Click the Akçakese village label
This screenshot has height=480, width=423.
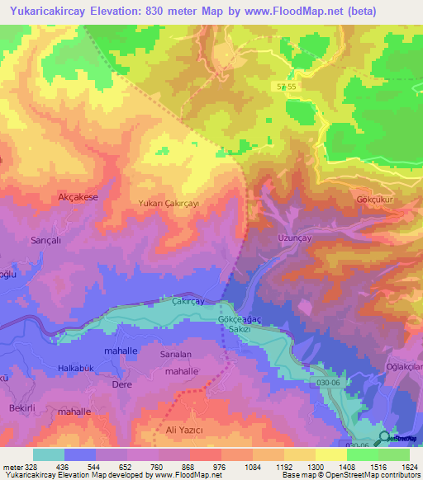pyautogui.click(x=78, y=197)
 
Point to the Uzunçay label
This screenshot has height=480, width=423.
pyautogui.click(x=289, y=236)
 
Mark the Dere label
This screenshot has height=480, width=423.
pyautogui.click(x=122, y=384)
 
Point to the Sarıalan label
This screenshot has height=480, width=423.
pyautogui.click(x=175, y=354)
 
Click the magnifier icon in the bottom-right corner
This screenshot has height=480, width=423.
pyautogui.click(x=384, y=439)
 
